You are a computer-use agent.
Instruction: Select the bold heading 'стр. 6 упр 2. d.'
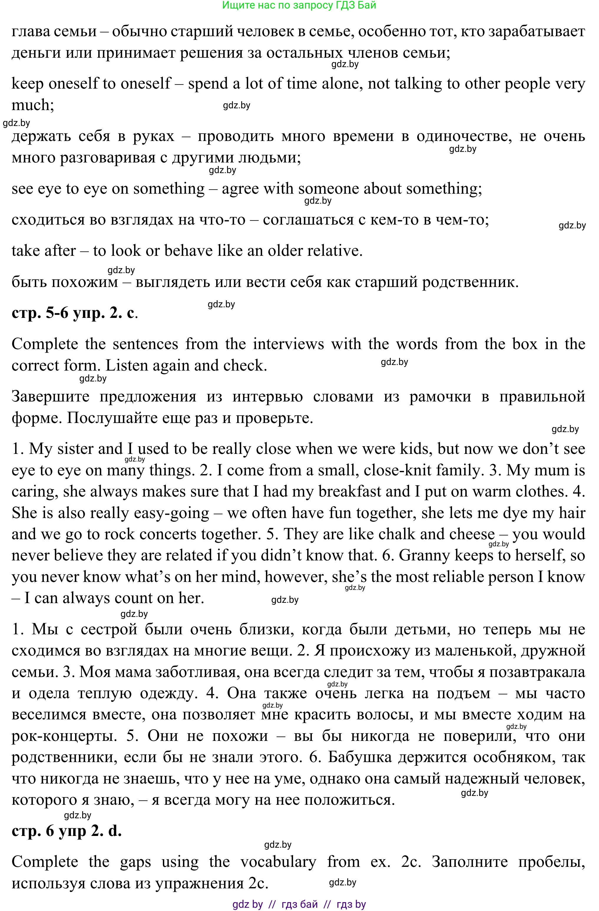[67, 831]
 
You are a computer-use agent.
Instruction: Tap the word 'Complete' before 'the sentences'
[45, 344]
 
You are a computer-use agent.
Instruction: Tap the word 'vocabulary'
[278, 862]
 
